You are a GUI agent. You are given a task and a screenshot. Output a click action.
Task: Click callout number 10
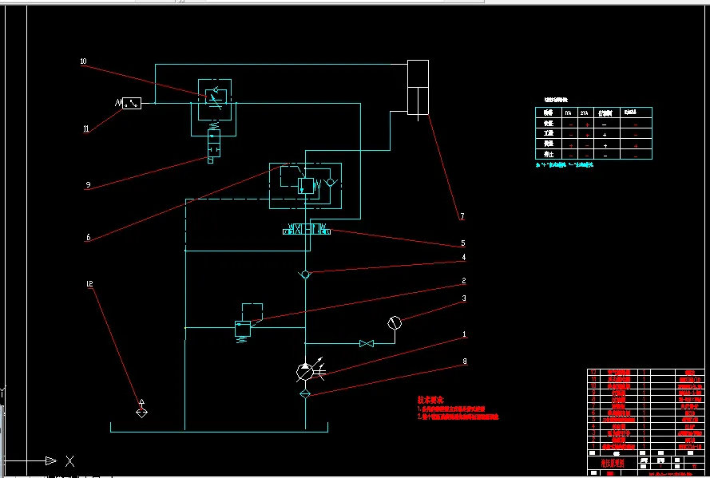click(83, 61)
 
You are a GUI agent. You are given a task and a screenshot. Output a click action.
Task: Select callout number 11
click(86, 128)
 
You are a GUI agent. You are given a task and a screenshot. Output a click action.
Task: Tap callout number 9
click(87, 185)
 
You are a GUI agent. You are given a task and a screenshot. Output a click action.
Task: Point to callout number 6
click(87, 237)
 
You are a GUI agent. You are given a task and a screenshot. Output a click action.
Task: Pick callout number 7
click(461, 216)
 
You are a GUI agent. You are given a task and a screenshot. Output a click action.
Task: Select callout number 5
click(462, 243)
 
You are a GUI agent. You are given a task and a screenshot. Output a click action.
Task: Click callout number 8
click(463, 361)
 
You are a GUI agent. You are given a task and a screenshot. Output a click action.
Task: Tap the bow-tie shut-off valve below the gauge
click(367, 343)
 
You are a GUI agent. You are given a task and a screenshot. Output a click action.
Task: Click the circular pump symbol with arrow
click(305, 370)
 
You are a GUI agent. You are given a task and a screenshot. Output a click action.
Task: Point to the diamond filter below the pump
click(305, 393)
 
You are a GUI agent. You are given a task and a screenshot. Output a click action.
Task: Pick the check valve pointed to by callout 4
click(305, 275)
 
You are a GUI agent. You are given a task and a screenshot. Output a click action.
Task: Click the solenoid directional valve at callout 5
click(306, 231)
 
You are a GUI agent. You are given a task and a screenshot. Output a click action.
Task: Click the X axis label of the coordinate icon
click(70, 461)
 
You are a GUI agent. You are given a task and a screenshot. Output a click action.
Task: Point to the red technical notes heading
click(430, 399)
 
